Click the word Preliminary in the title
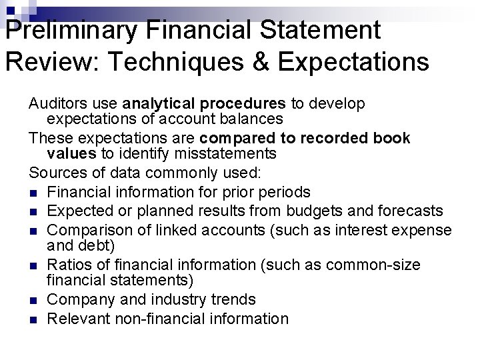[x=59, y=30]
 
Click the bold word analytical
[x=158, y=104]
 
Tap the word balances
[x=253, y=119]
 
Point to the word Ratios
[x=67, y=265]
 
